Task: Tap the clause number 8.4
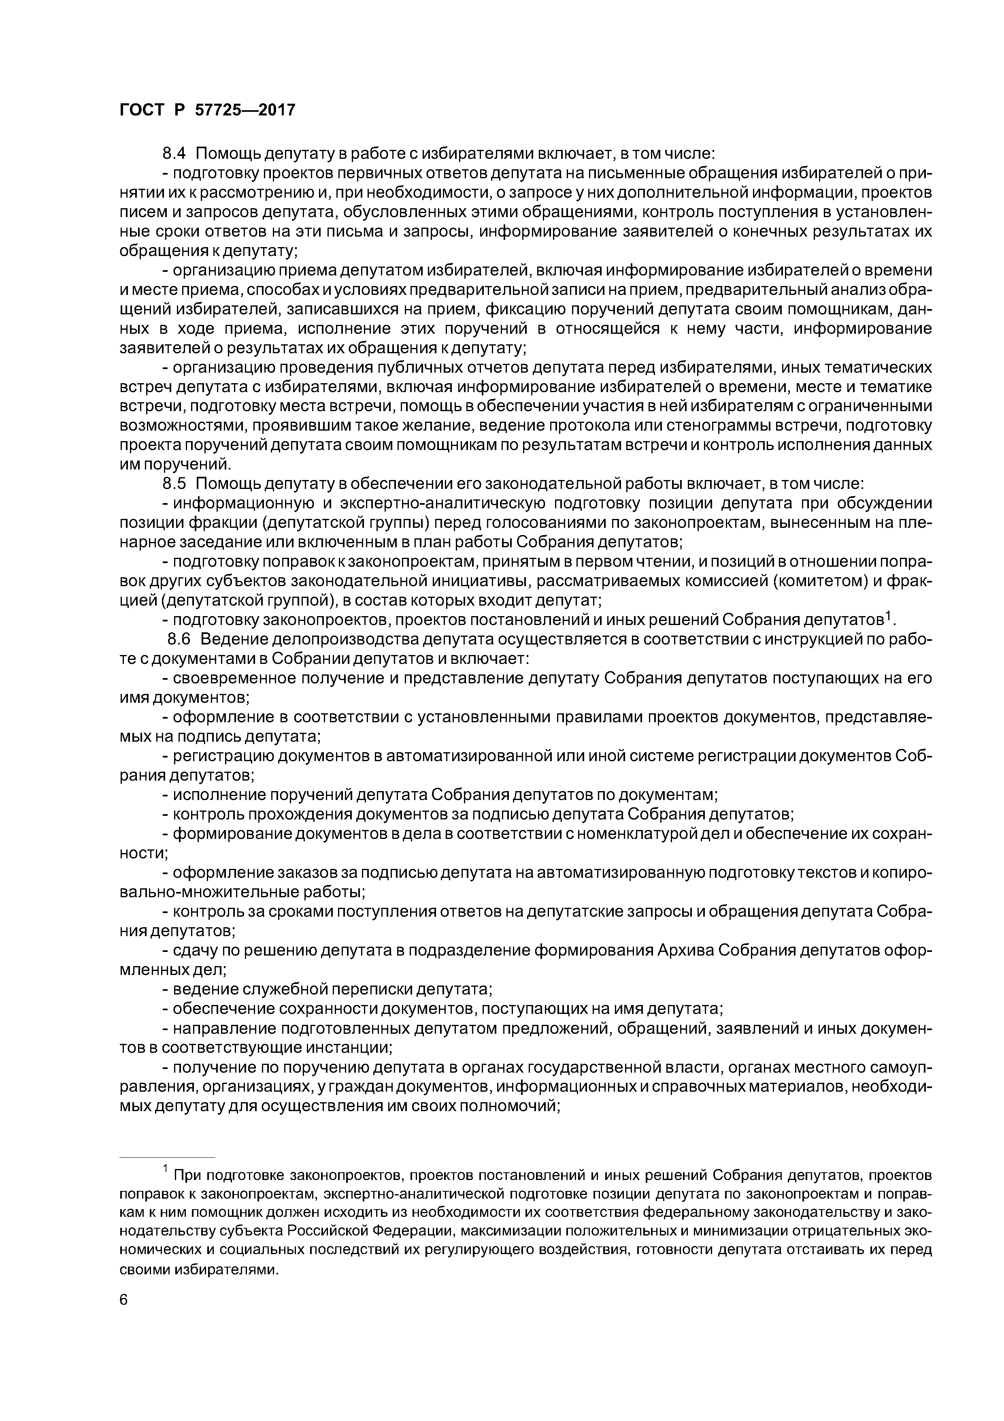click(x=174, y=153)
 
